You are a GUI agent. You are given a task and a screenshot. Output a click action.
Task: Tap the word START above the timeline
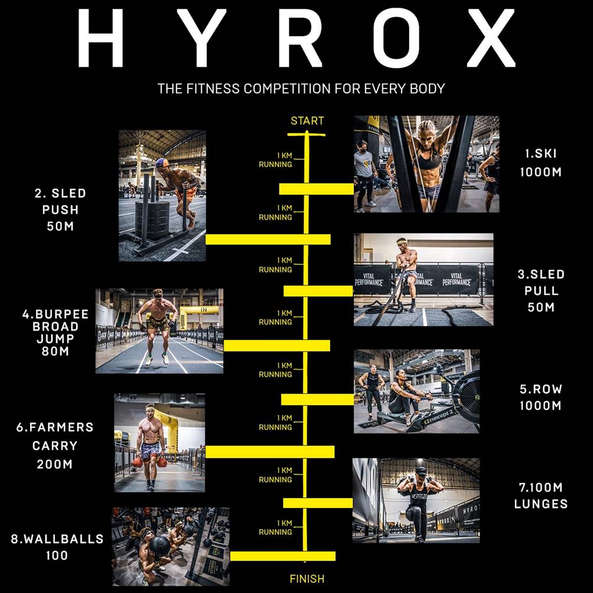pos(307,121)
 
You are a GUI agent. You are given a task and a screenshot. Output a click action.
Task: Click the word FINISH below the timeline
pos(307,579)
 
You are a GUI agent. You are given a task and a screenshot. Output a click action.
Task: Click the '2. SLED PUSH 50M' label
pos(60,210)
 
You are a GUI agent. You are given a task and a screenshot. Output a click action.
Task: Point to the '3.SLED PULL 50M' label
pos(540,291)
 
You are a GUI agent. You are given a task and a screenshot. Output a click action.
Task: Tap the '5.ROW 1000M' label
pos(540,397)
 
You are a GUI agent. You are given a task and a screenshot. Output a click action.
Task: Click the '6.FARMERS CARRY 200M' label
pos(54,445)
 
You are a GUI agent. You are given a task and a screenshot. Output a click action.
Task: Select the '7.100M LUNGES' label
pos(540,496)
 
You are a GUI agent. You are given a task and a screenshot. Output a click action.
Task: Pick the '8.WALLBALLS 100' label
pos(57,547)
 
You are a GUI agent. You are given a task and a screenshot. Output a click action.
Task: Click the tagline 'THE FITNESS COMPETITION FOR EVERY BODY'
pos(301,89)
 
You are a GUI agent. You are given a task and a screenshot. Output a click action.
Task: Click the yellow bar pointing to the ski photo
pos(316,188)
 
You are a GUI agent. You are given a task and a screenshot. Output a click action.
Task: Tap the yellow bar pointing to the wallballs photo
pos(282,556)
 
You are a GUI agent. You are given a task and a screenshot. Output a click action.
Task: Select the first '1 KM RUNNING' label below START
pos(275,160)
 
